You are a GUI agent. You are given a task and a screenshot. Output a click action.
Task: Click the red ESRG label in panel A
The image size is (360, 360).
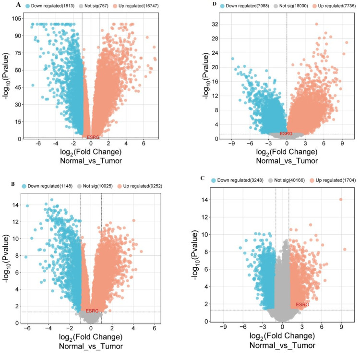click(x=93, y=137)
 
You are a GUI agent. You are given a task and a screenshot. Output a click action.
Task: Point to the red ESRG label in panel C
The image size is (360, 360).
click(x=302, y=304)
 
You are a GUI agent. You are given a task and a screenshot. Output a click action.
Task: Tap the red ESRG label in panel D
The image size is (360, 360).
click(x=286, y=133)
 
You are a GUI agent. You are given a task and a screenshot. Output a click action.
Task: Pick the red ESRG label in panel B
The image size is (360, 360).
click(x=92, y=311)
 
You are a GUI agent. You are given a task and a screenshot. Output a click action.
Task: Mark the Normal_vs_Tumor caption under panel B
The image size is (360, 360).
click(x=90, y=345)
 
